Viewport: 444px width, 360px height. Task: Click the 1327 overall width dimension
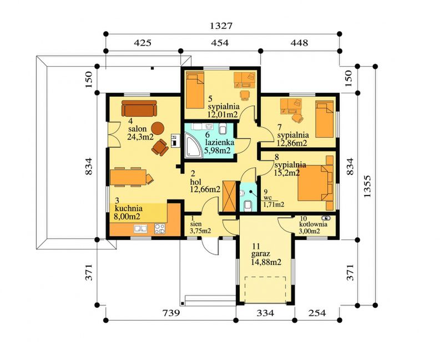[x=221, y=26]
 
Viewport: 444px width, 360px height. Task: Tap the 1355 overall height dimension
[x=367, y=186]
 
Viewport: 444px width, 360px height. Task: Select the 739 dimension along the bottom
[x=171, y=313]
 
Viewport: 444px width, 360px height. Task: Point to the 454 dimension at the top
[x=219, y=43]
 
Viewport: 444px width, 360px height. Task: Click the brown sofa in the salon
[x=139, y=108]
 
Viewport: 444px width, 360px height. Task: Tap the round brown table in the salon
[x=158, y=128]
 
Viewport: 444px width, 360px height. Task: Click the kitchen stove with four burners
[x=160, y=229]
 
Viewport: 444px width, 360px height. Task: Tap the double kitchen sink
[x=141, y=229]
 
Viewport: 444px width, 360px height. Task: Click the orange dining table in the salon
[x=128, y=177]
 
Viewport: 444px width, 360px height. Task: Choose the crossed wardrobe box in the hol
[x=229, y=196]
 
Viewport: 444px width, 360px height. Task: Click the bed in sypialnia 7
[x=325, y=120]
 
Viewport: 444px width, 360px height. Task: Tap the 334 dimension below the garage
[x=265, y=313]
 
